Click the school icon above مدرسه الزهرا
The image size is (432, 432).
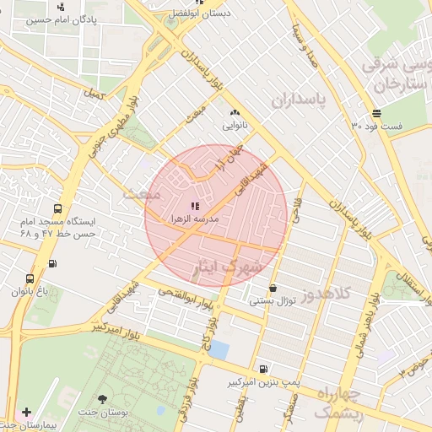195,205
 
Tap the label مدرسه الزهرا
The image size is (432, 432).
195,218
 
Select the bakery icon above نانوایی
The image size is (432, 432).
234,112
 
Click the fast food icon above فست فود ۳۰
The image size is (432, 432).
375,113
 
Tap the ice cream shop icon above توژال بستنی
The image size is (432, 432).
272,288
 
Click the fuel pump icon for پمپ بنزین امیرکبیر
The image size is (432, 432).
265,369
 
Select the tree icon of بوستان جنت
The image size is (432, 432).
102,399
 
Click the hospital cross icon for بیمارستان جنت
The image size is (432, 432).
26,413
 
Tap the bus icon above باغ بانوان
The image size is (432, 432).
30,278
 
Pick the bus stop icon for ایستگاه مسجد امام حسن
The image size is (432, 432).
57,208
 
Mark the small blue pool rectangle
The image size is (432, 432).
219,349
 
